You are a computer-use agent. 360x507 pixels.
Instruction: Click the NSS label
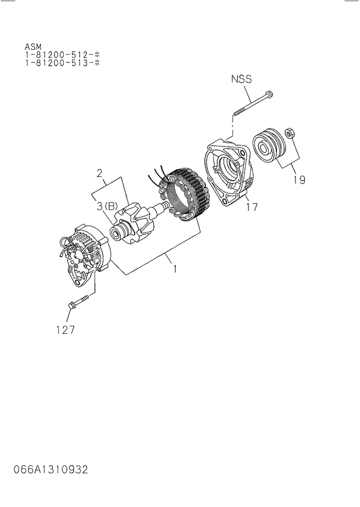click(241, 79)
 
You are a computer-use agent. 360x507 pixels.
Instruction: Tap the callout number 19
click(298, 179)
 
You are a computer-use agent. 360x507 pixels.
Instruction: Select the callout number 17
click(251, 206)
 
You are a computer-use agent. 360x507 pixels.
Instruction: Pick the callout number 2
click(99, 172)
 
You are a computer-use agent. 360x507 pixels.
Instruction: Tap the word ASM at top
click(33, 46)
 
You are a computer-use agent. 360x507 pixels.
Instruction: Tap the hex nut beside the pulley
click(292, 134)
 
